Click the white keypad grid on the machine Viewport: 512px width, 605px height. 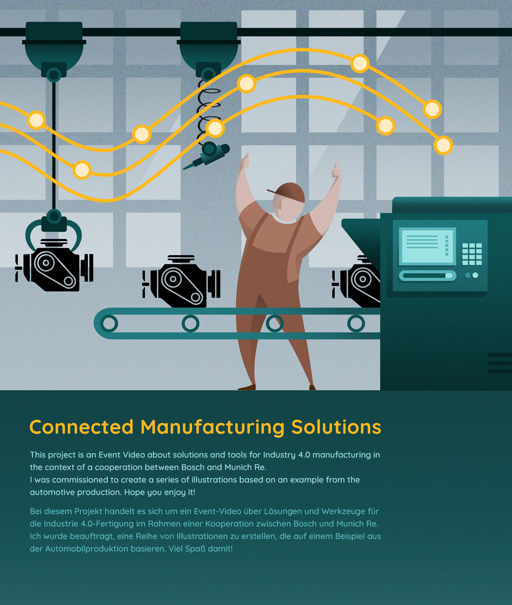[x=472, y=254]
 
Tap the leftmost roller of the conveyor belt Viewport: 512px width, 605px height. [x=109, y=323]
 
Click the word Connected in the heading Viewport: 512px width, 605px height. [x=81, y=427]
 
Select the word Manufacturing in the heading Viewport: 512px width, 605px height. [x=212, y=427]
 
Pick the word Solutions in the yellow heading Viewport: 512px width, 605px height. [x=336, y=427]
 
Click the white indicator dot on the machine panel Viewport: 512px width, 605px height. [x=475, y=275]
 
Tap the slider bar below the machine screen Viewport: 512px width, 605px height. [x=427, y=275]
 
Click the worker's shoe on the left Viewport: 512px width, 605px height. [x=247, y=387]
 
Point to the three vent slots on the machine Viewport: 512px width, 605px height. [x=500, y=363]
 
